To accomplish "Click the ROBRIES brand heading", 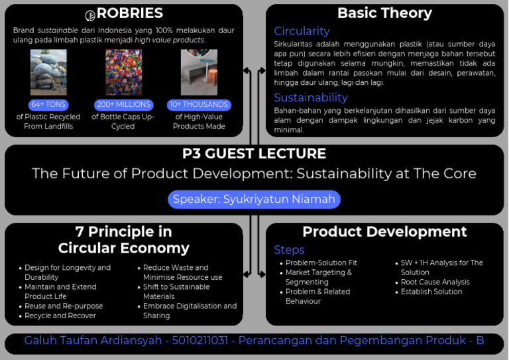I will pyautogui.click(x=130, y=14).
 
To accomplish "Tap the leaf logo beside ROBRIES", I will pyautogui.click(x=91, y=15).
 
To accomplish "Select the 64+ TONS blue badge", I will pyautogui.click(x=48, y=105).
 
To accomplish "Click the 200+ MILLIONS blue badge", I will pyautogui.click(x=123, y=105).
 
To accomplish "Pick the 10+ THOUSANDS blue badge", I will pyautogui.click(x=199, y=105).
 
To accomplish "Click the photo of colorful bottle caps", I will pyautogui.click(x=123, y=72).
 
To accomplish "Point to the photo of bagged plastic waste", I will pyautogui.click(x=48, y=72).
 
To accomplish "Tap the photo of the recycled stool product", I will pyautogui.click(x=199, y=72).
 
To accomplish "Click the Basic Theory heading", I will pyautogui.click(x=384, y=13).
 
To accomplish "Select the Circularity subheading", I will pyautogui.click(x=302, y=31).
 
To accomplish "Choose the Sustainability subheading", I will pyautogui.click(x=311, y=97).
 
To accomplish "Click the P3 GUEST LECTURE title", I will pyautogui.click(x=254, y=154).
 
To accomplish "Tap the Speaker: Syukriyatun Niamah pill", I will pyautogui.click(x=254, y=199).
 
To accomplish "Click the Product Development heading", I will pyautogui.click(x=384, y=231).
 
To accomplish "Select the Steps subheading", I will pyautogui.click(x=289, y=250).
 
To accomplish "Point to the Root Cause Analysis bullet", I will pyautogui.click(x=435, y=282).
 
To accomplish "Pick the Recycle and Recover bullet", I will pyautogui.click(x=60, y=316).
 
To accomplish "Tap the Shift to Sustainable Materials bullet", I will pyautogui.click(x=176, y=292).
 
